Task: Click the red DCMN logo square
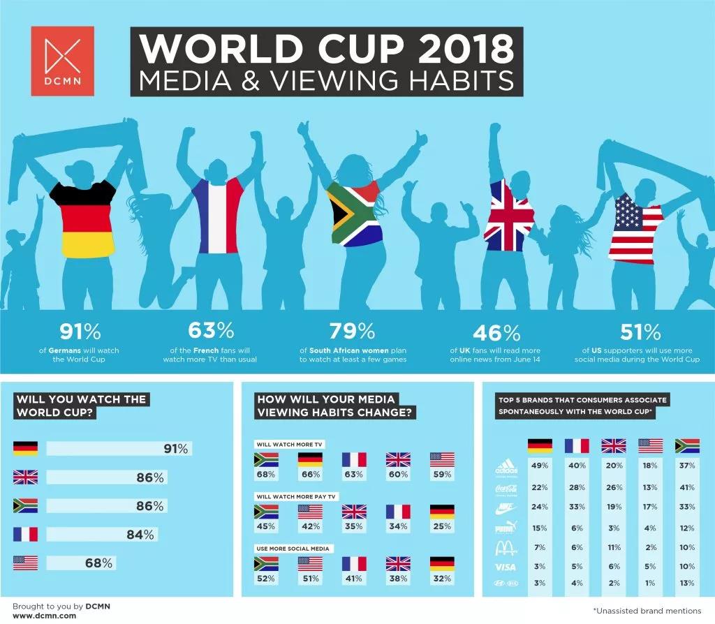point(62,61)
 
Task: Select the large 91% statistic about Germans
point(80,330)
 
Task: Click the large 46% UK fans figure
point(496,331)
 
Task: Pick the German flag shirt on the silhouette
point(88,220)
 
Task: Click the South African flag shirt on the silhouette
point(354,213)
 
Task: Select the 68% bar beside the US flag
point(81,563)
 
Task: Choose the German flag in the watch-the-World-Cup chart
point(25,449)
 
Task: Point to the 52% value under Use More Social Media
point(265,578)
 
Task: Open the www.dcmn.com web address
point(44,616)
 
